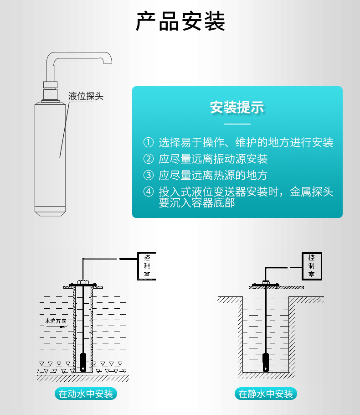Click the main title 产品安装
tap(180, 22)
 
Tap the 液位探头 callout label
tap(86, 96)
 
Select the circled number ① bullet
tap(149, 143)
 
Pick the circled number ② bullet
tap(149, 159)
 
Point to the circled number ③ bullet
tap(149, 175)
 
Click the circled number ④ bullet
tap(149, 192)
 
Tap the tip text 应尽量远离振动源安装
tap(213, 159)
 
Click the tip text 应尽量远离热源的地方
tap(213, 175)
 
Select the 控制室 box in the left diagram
tap(147, 266)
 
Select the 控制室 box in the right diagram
tap(311, 266)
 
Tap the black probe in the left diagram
tap(83, 362)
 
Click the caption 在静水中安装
tap(266, 394)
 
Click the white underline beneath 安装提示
tap(237, 124)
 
